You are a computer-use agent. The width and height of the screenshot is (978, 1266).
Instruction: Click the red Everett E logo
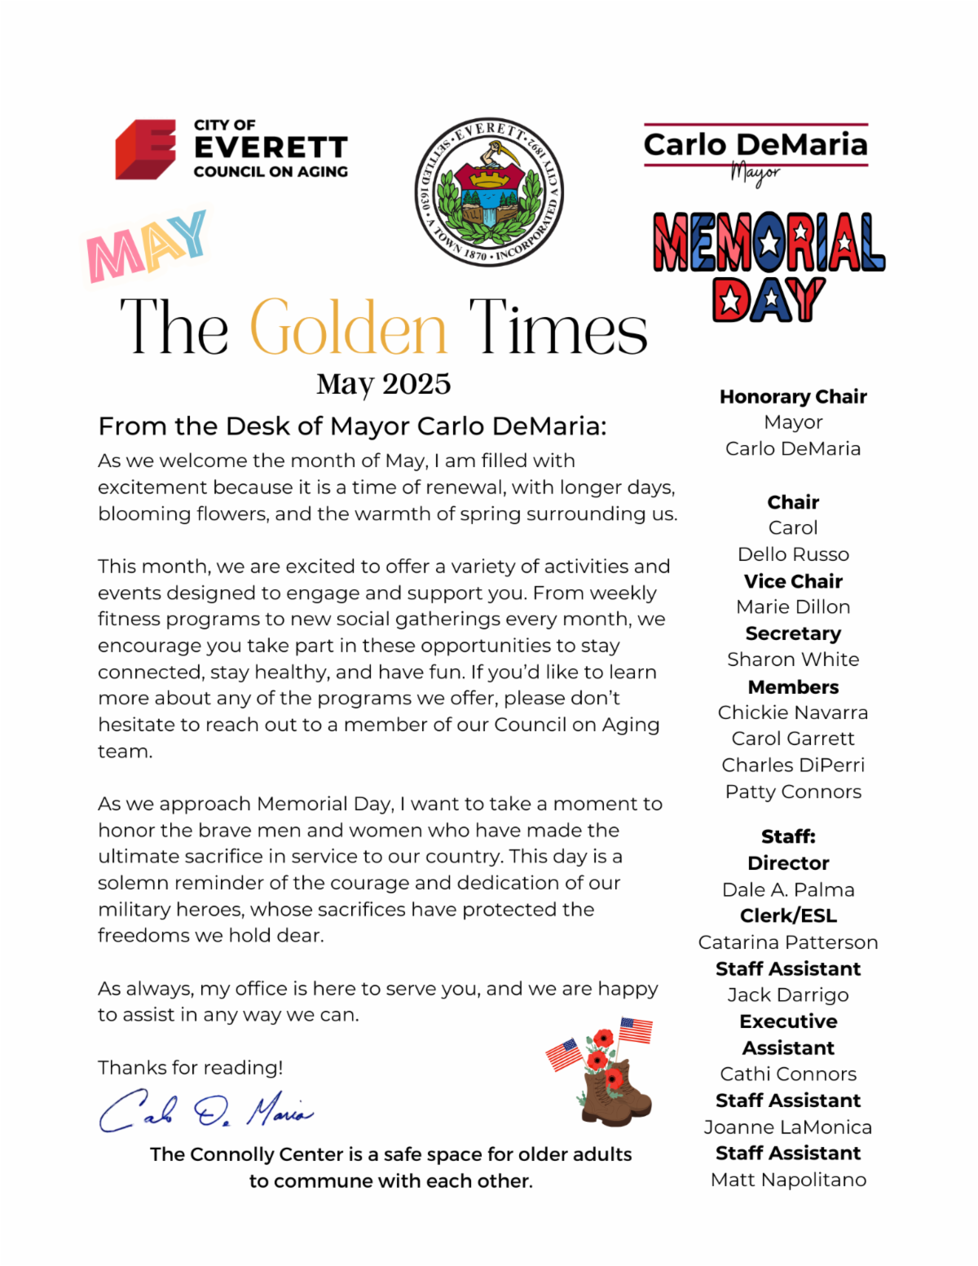[146, 149]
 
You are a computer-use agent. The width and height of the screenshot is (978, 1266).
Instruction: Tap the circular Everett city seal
[489, 192]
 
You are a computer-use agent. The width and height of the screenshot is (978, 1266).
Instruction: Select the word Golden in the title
[348, 328]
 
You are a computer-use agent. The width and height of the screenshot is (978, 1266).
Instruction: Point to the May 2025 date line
[383, 384]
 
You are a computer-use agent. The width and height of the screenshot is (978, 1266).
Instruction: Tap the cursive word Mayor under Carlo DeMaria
[755, 173]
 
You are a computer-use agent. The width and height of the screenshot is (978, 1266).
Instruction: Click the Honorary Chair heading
[793, 397]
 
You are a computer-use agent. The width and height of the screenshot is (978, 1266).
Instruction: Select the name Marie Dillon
[793, 607]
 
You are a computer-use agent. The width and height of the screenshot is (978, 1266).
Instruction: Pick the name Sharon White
[793, 659]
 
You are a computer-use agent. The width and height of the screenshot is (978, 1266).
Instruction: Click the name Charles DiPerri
[793, 765]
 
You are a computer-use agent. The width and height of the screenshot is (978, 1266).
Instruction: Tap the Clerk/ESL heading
[788, 915]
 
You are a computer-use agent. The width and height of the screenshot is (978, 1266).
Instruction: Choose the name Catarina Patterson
[788, 942]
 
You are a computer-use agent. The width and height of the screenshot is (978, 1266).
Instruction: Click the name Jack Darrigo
[788, 995]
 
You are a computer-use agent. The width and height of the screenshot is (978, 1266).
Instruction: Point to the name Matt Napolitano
[788, 1180]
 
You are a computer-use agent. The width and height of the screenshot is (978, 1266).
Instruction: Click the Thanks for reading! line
[191, 1068]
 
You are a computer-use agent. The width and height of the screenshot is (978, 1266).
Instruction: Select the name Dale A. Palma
[788, 889]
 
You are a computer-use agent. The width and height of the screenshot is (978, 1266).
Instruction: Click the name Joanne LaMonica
[788, 1127]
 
